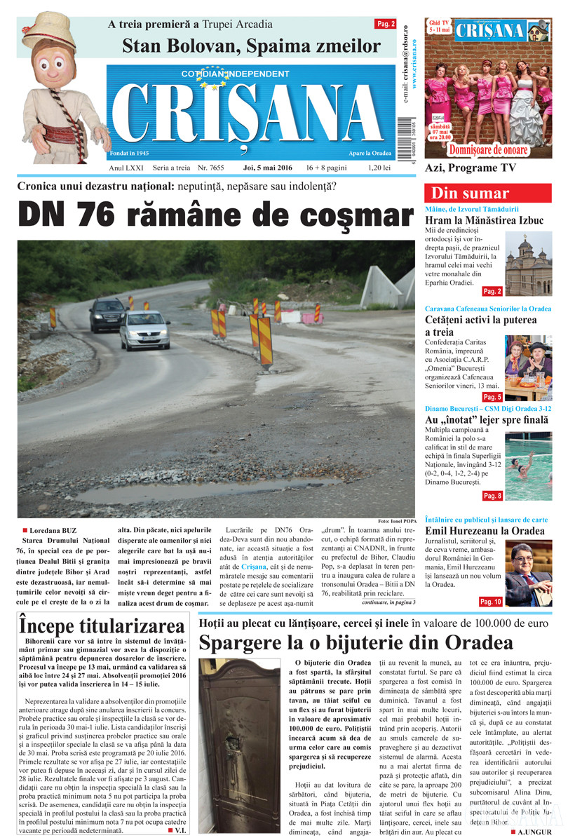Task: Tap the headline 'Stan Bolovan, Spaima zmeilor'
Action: (x=251, y=47)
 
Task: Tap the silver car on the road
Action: (x=144, y=330)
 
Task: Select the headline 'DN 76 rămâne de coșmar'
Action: (x=215, y=215)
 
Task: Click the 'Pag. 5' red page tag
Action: (x=492, y=397)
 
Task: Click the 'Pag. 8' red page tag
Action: (x=492, y=496)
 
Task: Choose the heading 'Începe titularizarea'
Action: (x=102, y=624)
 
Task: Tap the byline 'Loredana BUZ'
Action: (x=53, y=531)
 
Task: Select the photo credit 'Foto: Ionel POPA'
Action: (x=396, y=522)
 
